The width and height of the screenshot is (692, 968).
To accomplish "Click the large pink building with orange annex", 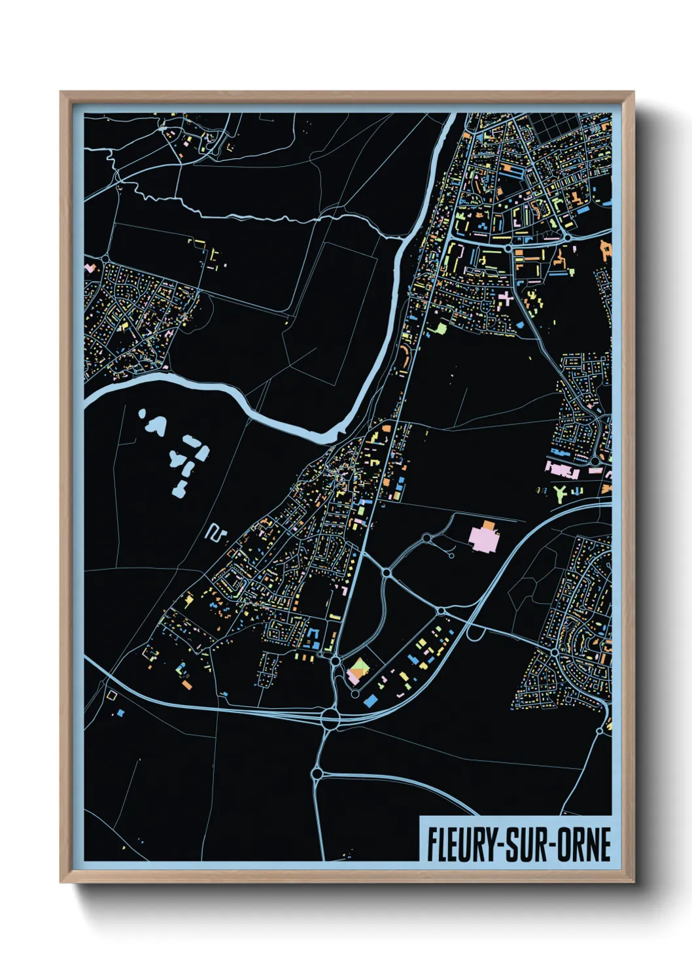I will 485,538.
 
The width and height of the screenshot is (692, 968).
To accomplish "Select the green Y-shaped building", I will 561,493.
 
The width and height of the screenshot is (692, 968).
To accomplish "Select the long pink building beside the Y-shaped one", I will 562,469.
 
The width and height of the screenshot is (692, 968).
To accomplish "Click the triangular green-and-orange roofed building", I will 358,668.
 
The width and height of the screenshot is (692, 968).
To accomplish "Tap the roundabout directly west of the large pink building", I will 426,538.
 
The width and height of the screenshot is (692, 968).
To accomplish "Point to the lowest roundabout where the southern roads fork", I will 317,774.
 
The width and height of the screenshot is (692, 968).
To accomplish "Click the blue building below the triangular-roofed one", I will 370,700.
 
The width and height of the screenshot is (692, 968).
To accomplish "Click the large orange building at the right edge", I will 606,251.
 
